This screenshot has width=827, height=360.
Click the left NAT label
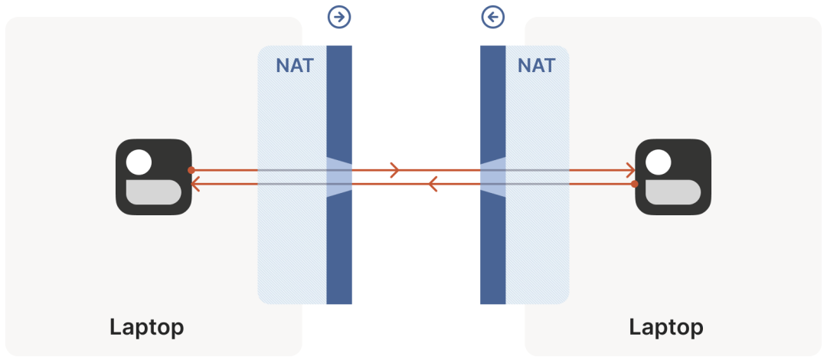pyautogui.click(x=295, y=65)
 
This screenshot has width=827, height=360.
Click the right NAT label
pyautogui.click(x=536, y=65)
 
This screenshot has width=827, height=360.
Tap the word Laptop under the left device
pyautogui.click(x=146, y=327)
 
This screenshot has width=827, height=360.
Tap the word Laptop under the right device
pyautogui.click(x=666, y=327)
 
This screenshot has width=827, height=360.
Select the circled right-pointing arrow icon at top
pyautogui.click(x=338, y=17)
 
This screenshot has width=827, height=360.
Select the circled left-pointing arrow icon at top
pyautogui.click(x=493, y=17)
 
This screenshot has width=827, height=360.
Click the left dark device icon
pyautogui.click(x=153, y=177)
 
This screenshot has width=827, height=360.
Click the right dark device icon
pyautogui.click(x=673, y=177)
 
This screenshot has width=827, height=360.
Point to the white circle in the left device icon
pyautogui.click(x=139, y=162)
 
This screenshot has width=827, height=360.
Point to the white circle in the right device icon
pyautogui.click(x=659, y=162)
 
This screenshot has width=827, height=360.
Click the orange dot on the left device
pyautogui.click(x=191, y=170)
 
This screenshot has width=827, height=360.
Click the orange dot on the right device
pyautogui.click(x=635, y=184)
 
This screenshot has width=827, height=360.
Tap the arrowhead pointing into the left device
pyautogui.click(x=194, y=184)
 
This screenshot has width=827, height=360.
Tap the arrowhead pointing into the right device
pyautogui.click(x=631, y=170)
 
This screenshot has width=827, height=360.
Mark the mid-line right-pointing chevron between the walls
pyautogui.click(x=395, y=170)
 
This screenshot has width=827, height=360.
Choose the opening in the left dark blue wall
pyautogui.click(x=338, y=177)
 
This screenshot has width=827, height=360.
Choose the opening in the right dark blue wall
pyautogui.click(x=493, y=177)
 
